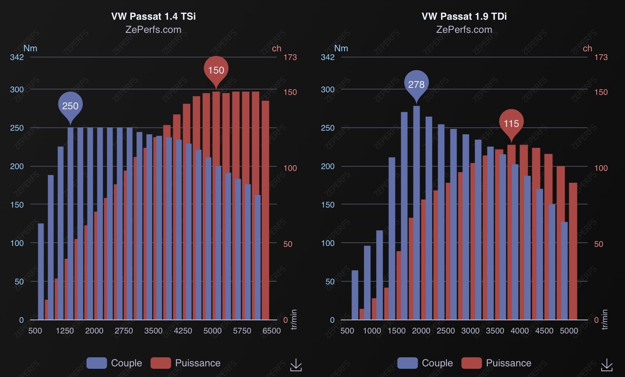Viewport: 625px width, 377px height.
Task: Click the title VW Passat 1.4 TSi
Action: pyautogui.click(x=153, y=16)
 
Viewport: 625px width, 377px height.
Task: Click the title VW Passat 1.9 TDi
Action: pyautogui.click(x=464, y=16)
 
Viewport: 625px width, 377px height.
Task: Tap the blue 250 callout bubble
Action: pyautogui.click(x=70, y=106)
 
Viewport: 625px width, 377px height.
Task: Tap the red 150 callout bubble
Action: pyautogui.click(x=216, y=70)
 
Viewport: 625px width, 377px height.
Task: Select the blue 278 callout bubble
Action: pyautogui.click(x=416, y=84)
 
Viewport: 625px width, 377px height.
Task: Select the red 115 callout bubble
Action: pyautogui.click(x=511, y=123)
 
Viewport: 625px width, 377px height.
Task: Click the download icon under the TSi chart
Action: pyautogui.click(x=296, y=364)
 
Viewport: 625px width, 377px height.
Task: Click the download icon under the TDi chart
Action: pyautogui.click(x=607, y=364)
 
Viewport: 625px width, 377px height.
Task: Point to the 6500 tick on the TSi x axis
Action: pyautogui.click(x=271, y=331)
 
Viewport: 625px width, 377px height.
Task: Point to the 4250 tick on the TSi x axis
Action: pyautogui.click(x=183, y=331)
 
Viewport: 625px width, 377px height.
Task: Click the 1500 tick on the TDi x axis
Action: pyautogui.click(x=396, y=331)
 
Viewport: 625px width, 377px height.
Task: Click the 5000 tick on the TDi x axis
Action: pyautogui.click(x=569, y=331)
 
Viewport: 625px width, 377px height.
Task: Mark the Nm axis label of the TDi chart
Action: pyautogui.click(x=341, y=48)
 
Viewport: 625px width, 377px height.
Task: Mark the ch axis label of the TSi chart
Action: pyautogui.click(x=277, y=48)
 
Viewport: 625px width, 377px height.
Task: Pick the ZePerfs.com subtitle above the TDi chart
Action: pyautogui.click(x=464, y=30)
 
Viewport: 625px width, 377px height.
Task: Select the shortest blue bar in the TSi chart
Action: pyautogui.click(x=41, y=271)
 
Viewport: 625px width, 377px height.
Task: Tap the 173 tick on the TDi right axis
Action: pyautogui.click(x=601, y=57)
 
